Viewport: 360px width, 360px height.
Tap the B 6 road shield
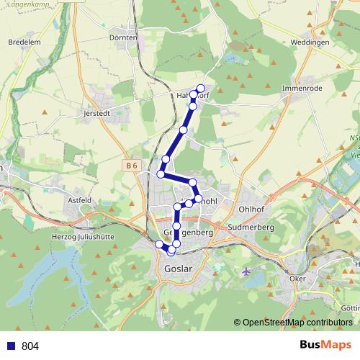click(130, 166)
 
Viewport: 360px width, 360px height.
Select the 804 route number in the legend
click(30, 346)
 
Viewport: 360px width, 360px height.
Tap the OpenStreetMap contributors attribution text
click(297, 323)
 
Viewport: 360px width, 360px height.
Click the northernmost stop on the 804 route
click(201, 89)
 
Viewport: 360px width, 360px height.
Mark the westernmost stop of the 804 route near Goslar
click(159, 243)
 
